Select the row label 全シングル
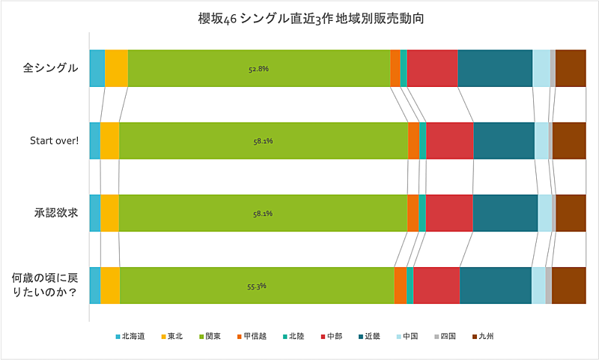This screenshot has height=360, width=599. (50, 68)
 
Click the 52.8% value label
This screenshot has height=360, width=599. (258, 69)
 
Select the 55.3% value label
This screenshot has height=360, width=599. (257, 286)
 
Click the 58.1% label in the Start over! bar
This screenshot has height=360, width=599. (263, 141)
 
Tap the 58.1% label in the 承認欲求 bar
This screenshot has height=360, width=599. (263, 213)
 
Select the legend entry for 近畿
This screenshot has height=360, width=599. (369, 337)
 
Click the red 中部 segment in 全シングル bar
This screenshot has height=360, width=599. (432, 69)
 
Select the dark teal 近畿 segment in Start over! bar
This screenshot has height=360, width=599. (504, 141)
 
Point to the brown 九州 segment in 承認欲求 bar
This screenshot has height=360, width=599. (571, 213)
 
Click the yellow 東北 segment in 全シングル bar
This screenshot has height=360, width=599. (116, 69)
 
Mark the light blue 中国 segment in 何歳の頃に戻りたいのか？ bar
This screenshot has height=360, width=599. (538, 286)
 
